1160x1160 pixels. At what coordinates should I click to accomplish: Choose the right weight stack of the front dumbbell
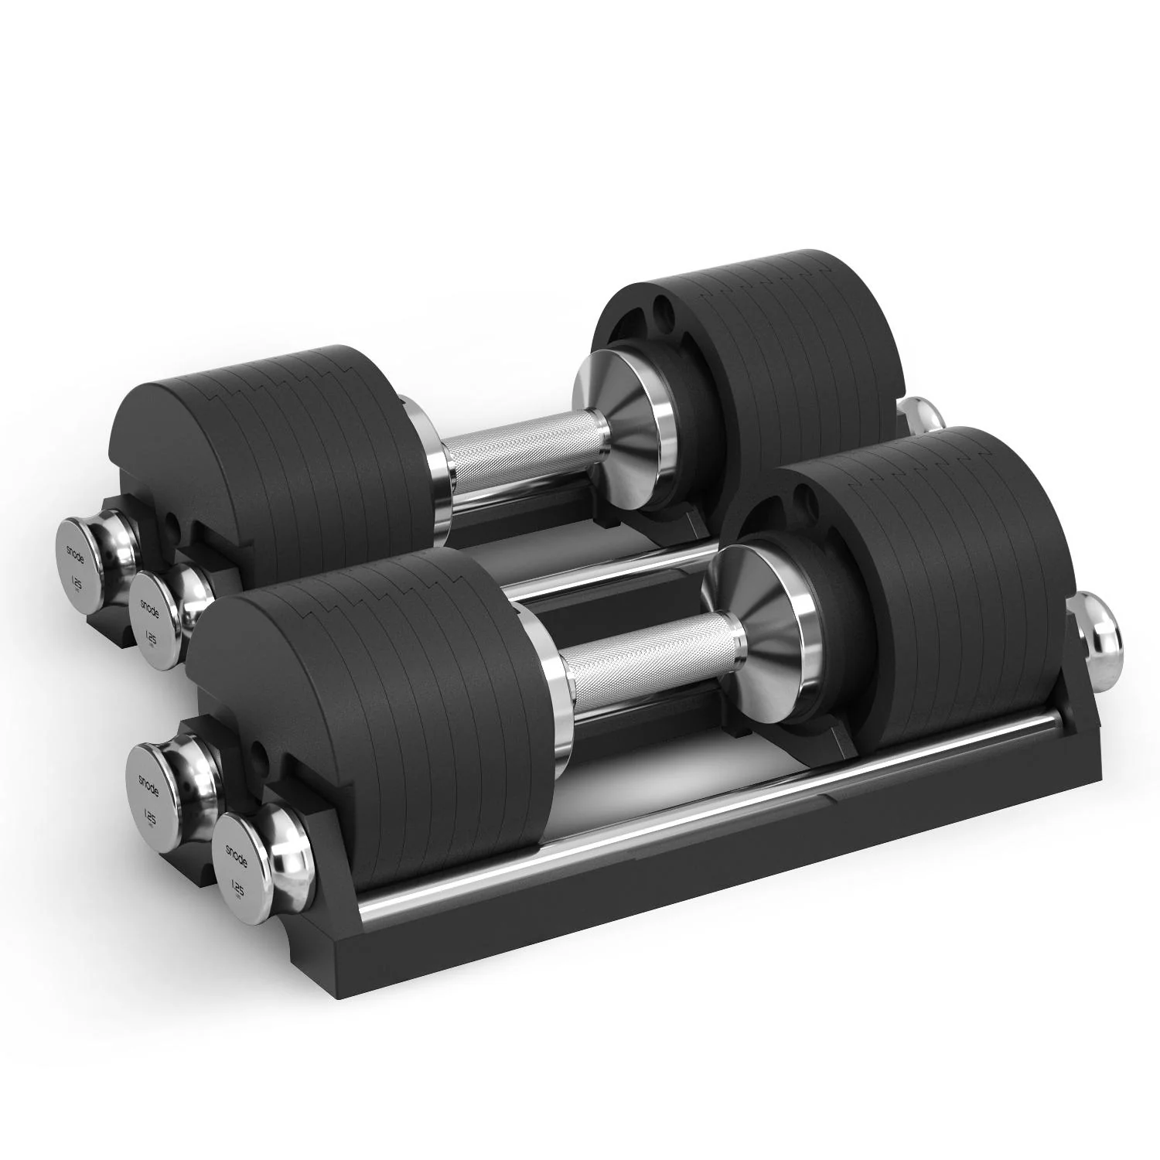(x=928, y=557)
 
